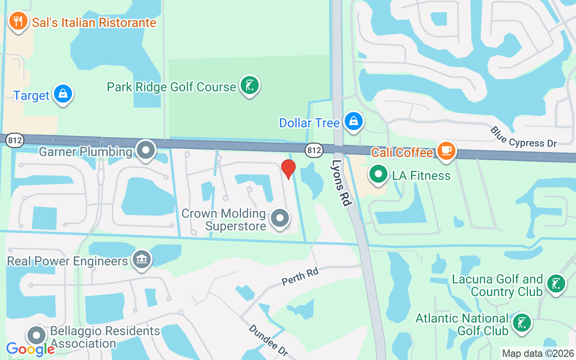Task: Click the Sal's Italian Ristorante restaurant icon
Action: (18, 21)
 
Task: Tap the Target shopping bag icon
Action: (63, 94)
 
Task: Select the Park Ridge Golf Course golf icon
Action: (249, 85)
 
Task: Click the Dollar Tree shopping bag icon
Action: (354, 121)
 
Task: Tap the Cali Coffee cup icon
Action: (446, 151)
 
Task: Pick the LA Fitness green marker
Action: (378, 174)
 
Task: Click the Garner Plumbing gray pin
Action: (146, 150)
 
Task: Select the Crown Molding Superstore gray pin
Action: (280, 218)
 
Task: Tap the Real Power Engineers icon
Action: (142, 260)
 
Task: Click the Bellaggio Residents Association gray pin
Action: (36, 336)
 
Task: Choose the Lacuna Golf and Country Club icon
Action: (556, 284)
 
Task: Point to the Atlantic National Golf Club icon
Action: (522, 323)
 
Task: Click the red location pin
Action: (288, 169)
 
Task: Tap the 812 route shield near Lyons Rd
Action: (314, 150)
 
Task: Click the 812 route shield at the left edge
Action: (14, 140)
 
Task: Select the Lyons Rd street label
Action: (342, 183)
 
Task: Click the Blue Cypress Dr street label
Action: (523, 136)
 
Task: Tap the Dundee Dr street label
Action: (267, 341)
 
